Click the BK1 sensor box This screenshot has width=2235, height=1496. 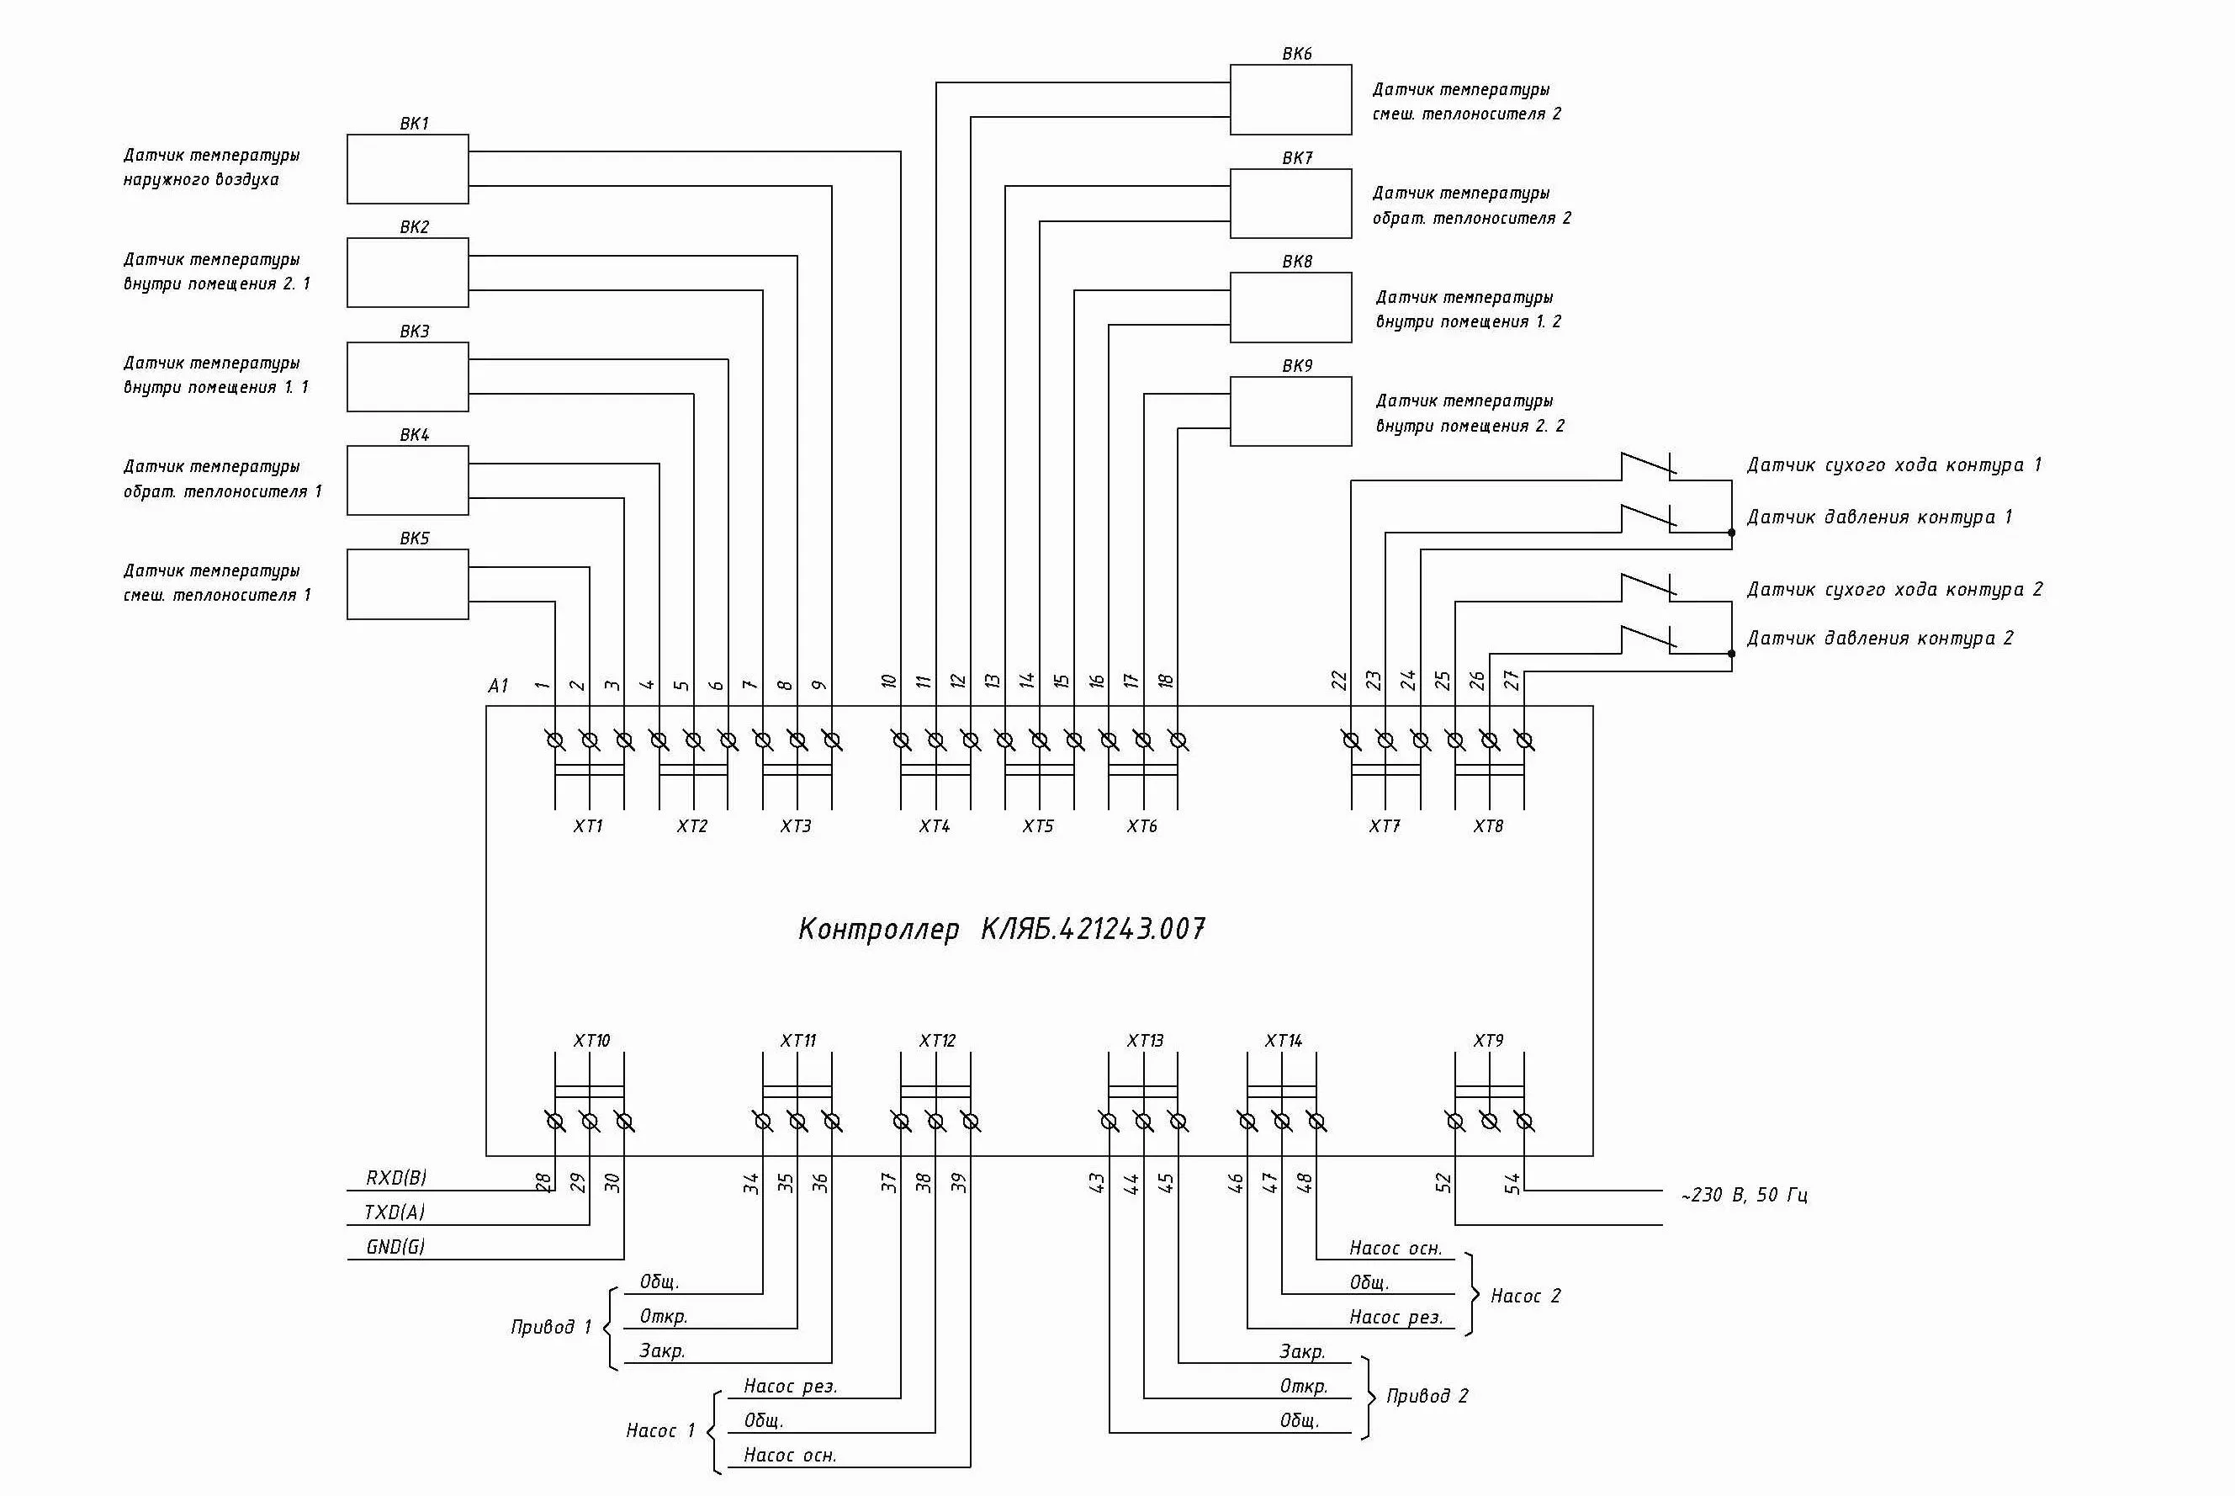(x=407, y=169)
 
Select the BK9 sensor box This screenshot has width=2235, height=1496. (x=1290, y=411)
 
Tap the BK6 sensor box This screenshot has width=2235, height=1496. (x=1290, y=99)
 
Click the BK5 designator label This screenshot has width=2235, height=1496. (x=414, y=538)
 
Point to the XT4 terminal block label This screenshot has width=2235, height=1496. (x=934, y=826)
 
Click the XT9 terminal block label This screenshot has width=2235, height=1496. (x=1488, y=1040)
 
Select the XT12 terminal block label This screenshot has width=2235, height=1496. (x=937, y=1040)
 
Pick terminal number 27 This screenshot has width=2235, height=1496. (x=1512, y=680)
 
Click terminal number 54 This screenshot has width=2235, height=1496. (x=1512, y=1184)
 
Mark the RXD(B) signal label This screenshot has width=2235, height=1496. (x=396, y=1177)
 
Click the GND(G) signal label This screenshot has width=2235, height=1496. (x=395, y=1246)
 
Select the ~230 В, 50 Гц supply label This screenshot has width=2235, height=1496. (x=1744, y=1195)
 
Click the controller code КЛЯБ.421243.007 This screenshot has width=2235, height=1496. (x=1094, y=928)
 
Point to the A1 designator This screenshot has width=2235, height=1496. (x=498, y=685)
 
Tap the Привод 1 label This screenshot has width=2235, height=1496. (x=550, y=1326)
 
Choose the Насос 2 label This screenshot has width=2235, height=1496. (x=1525, y=1296)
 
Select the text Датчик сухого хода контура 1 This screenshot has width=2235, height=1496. (x=1893, y=464)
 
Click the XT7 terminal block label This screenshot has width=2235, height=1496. (x=1384, y=826)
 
